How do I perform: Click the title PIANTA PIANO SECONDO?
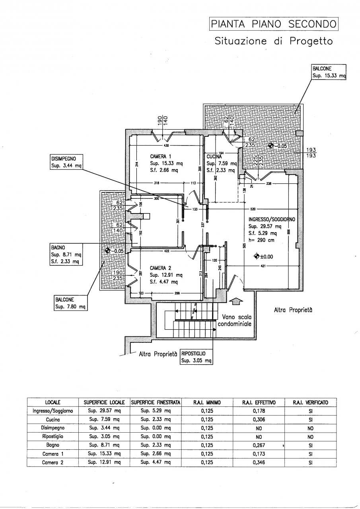click(x=273, y=25)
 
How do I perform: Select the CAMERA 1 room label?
click(x=161, y=156)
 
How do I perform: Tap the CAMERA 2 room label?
click(x=160, y=268)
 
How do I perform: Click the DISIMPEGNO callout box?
click(x=66, y=162)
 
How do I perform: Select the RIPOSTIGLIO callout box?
click(x=196, y=357)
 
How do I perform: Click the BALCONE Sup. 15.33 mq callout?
click(x=329, y=72)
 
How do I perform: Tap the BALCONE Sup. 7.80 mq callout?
click(x=70, y=303)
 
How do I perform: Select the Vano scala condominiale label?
click(x=237, y=321)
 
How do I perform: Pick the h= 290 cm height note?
click(x=261, y=240)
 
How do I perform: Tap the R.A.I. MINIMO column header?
click(x=207, y=402)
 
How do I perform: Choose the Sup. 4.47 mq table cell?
click(x=156, y=462)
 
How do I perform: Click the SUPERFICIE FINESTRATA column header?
click(x=156, y=402)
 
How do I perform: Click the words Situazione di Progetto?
click(x=273, y=41)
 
